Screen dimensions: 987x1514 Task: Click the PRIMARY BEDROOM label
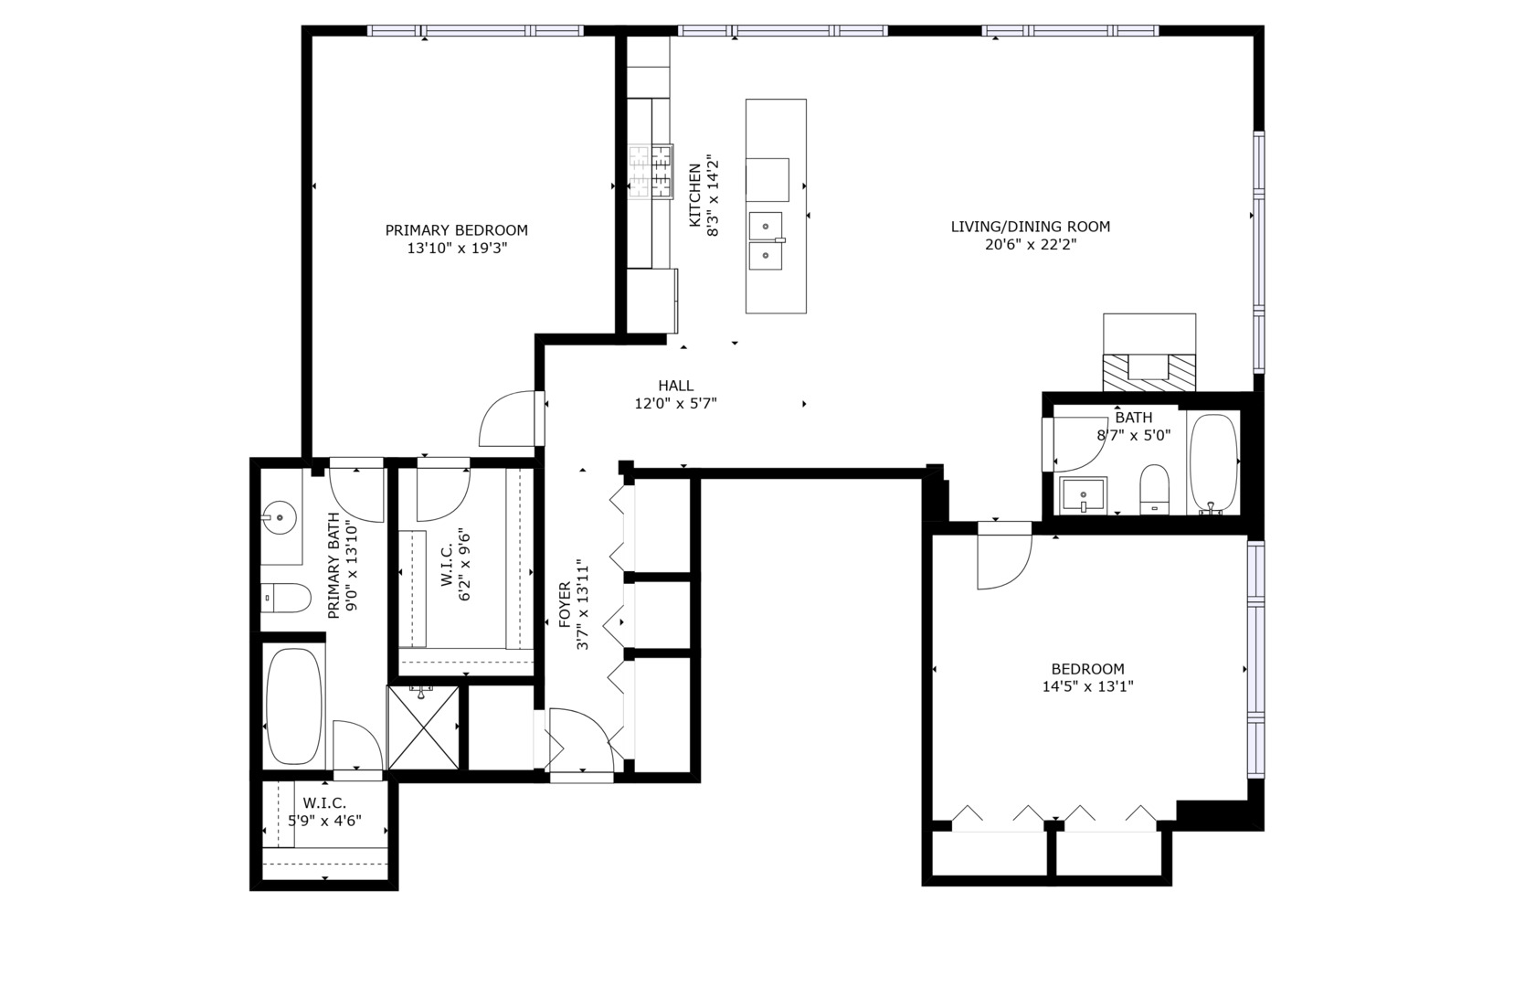point(456,230)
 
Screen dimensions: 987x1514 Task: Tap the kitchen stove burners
point(650,172)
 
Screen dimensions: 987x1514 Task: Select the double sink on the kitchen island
point(766,241)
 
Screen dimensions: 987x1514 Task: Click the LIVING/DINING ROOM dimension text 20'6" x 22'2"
point(1030,245)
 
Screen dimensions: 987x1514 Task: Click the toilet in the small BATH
point(1155,490)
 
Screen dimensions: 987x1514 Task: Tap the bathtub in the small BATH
point(1213,462)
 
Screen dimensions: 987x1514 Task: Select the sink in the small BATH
point(1084,495)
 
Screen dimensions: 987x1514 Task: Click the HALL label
point(675,386)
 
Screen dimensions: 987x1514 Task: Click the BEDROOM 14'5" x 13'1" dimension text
point(1087,686)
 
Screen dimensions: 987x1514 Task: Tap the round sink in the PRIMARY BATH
point(280,518)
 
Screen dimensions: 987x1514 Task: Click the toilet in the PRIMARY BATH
point(285,599)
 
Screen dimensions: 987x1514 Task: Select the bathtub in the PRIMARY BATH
point(294,706)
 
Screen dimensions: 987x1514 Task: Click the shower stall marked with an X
point(422,727)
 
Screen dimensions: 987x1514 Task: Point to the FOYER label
point(565,604)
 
